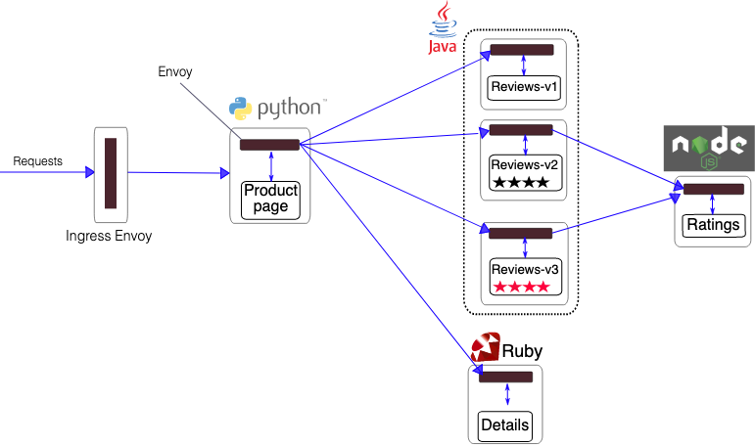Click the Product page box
270,201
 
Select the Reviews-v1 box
524,88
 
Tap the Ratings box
713,226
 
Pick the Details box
505,426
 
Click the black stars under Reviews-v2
521,182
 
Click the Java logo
443,27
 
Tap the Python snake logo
240,109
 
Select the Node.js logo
709,149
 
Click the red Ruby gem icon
486,346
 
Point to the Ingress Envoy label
109,237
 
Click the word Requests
37,161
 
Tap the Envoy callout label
175,71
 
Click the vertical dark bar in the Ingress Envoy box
111,173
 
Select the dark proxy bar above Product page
269,145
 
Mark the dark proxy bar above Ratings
714,189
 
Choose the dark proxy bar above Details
505,378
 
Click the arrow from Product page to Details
391,259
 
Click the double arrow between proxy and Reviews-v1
524,66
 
